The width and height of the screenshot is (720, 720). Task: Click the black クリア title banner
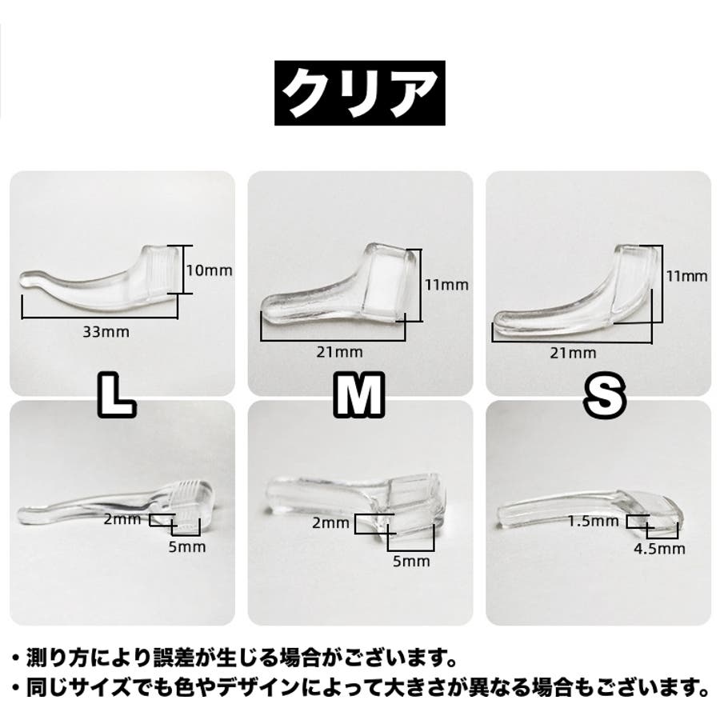(359, 93)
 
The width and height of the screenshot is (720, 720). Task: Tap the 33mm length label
(106, 331)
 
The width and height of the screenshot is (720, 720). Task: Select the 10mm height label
(209, 270)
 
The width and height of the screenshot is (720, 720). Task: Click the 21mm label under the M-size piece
(339, 352)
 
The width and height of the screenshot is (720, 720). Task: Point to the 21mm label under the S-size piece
(573, 353)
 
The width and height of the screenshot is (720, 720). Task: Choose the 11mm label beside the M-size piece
(446, 285)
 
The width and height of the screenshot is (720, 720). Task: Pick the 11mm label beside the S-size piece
(687, 276)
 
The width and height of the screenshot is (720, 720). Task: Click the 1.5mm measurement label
(594, 521)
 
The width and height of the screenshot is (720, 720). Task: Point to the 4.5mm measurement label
(659, 548)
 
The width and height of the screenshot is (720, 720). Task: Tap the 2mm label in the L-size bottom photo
(122, 519)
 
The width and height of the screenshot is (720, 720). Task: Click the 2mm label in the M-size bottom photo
(330, 522)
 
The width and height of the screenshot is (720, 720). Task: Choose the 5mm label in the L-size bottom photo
(187, 547)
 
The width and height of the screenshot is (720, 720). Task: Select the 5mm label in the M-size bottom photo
(411, 561)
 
